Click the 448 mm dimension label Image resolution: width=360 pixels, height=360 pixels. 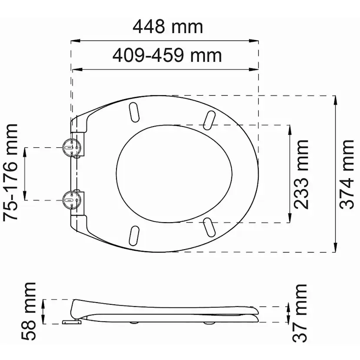point(168,27)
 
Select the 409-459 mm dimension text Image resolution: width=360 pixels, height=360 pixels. point(167,55)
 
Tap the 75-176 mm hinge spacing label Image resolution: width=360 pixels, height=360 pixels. point(10,173)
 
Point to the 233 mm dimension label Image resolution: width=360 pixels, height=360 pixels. point(301,174)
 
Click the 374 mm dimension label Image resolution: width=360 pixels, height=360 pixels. point(347,174)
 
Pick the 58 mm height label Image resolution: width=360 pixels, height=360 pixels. point(29,311)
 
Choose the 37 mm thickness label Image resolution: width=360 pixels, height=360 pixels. point(300,313)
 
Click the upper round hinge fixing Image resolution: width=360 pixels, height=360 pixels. point(72,147)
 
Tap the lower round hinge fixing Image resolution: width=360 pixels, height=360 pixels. point(72,200)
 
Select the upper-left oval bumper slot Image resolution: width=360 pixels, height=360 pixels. point(134,112)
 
